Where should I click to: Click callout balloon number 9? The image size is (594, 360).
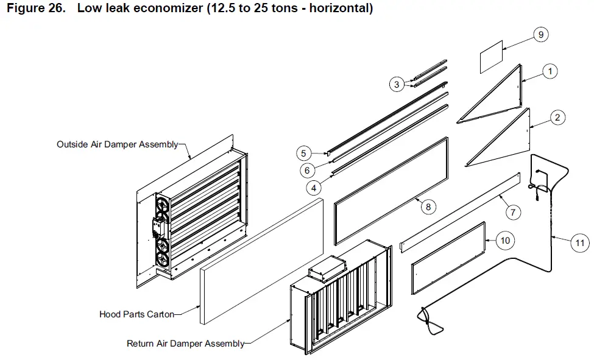pyautogui.click(x=540, y=35)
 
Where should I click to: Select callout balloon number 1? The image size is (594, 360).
pyautogui.click(x=550, y=71)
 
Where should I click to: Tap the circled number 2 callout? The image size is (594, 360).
pyautogui.click(x=557, y=118)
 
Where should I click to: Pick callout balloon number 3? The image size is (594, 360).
pyautogui.click(x=397, y=85)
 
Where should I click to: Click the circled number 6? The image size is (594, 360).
pyautogui.click(x=308, y=171)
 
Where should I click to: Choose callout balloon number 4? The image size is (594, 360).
pyautogui.click(x=313, y=188)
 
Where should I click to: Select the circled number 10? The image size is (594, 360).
pyautogui.click(x=504, y=241)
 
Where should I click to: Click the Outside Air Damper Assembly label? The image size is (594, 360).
pyautogui.click(x=117, y=145)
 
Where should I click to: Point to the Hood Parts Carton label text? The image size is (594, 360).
pyautogui.click(x=136, y=314)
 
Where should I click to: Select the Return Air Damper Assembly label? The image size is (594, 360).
pyautogui.click(x=185, y=344)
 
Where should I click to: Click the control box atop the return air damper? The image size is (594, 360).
pyautogui.click(x=326, y=272)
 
